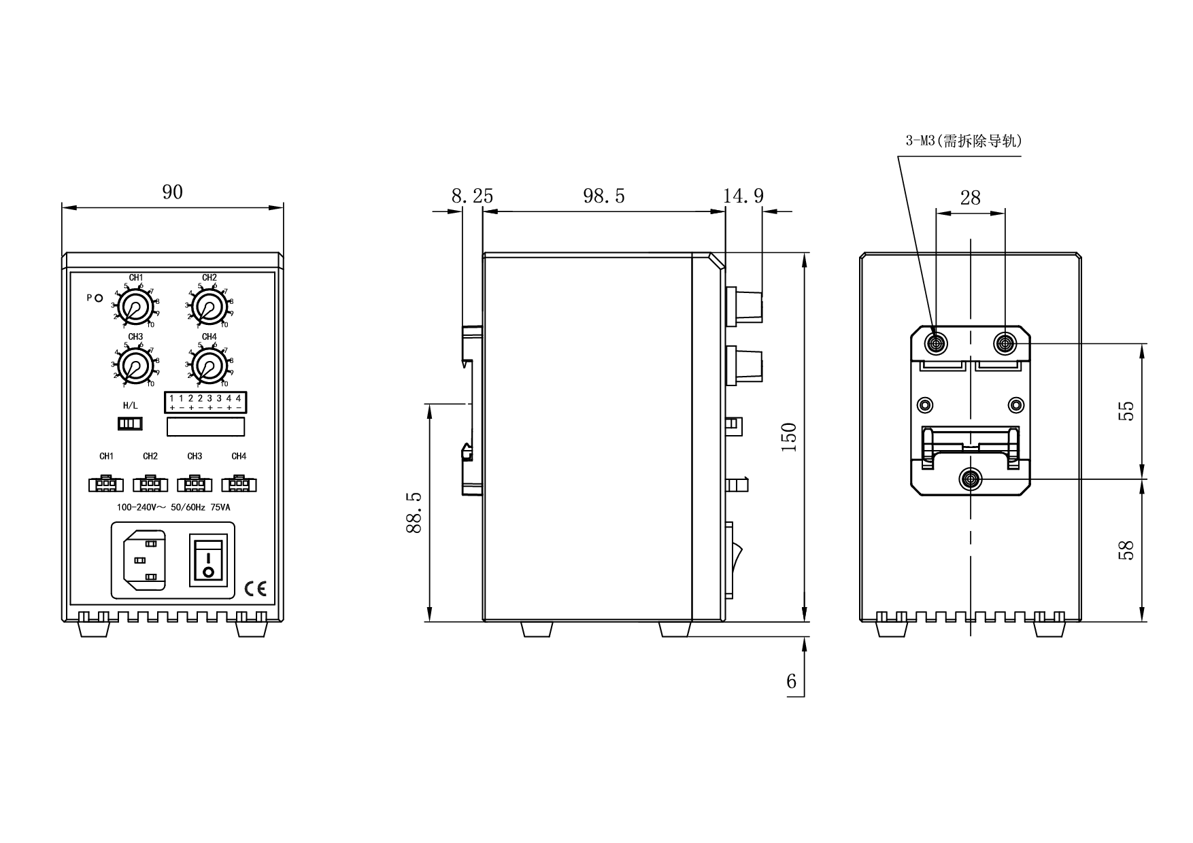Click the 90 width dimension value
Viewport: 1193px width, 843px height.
point(173,192)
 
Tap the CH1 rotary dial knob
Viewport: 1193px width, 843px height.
point(136,307)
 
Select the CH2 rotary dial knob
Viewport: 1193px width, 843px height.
point(209,307)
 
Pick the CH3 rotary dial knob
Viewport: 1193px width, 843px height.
point(136,366)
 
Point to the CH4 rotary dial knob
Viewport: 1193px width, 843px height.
point(209,366)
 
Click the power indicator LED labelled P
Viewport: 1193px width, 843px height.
point(99,298)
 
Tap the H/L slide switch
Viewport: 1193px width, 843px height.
point(130,424)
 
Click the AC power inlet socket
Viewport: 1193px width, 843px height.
point(144,560)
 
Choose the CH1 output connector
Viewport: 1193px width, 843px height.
point(105,484)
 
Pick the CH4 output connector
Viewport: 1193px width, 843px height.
point(239,484)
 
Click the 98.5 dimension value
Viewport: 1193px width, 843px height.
point(603,196)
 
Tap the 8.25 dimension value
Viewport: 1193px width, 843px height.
point(472,196)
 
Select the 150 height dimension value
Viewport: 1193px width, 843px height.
point(788,438)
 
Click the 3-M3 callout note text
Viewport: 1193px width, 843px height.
point(963,141)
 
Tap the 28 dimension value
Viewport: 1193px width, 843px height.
point(971,198)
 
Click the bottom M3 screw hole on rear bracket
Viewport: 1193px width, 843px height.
point(971,480)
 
